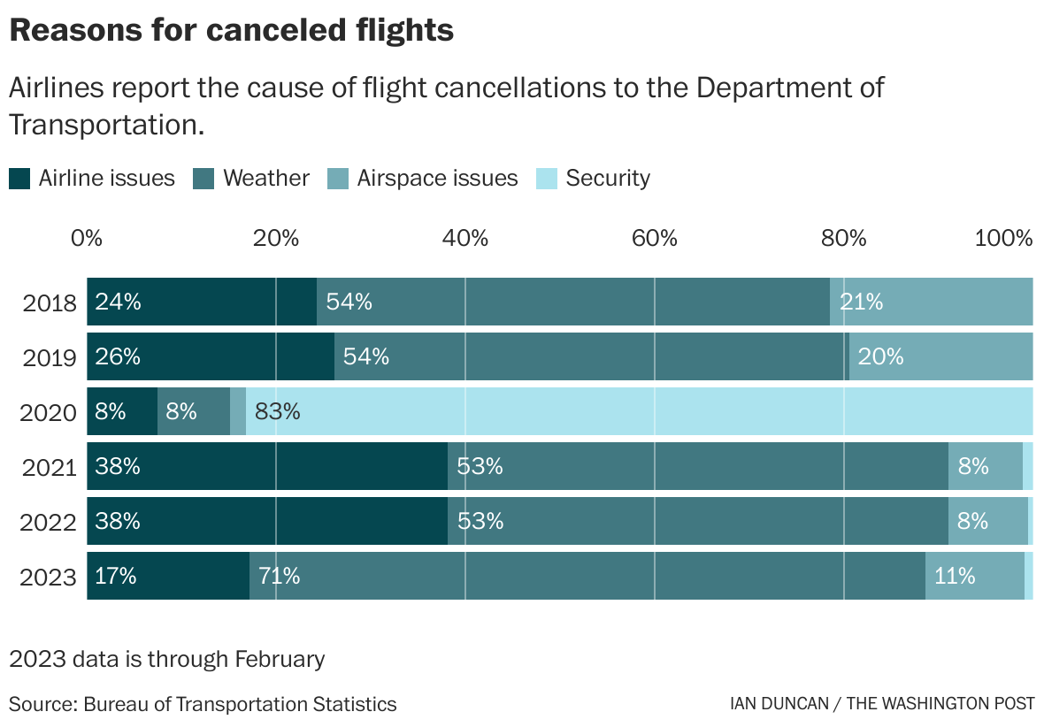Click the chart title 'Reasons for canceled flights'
(231, 31)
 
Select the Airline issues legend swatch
(20, 179)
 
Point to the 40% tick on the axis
(465, 238)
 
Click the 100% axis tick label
(1003, 238)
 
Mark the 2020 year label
(50, 412)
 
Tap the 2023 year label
(50, 577)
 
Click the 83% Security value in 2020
(278, 411)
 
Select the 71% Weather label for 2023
(280, 576)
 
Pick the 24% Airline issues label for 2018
(119, 302)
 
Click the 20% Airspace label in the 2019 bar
(881, 356)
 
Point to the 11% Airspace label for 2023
(955, 576)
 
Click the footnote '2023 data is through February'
(167, 660)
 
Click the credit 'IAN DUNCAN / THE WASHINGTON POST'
(882, 705)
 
